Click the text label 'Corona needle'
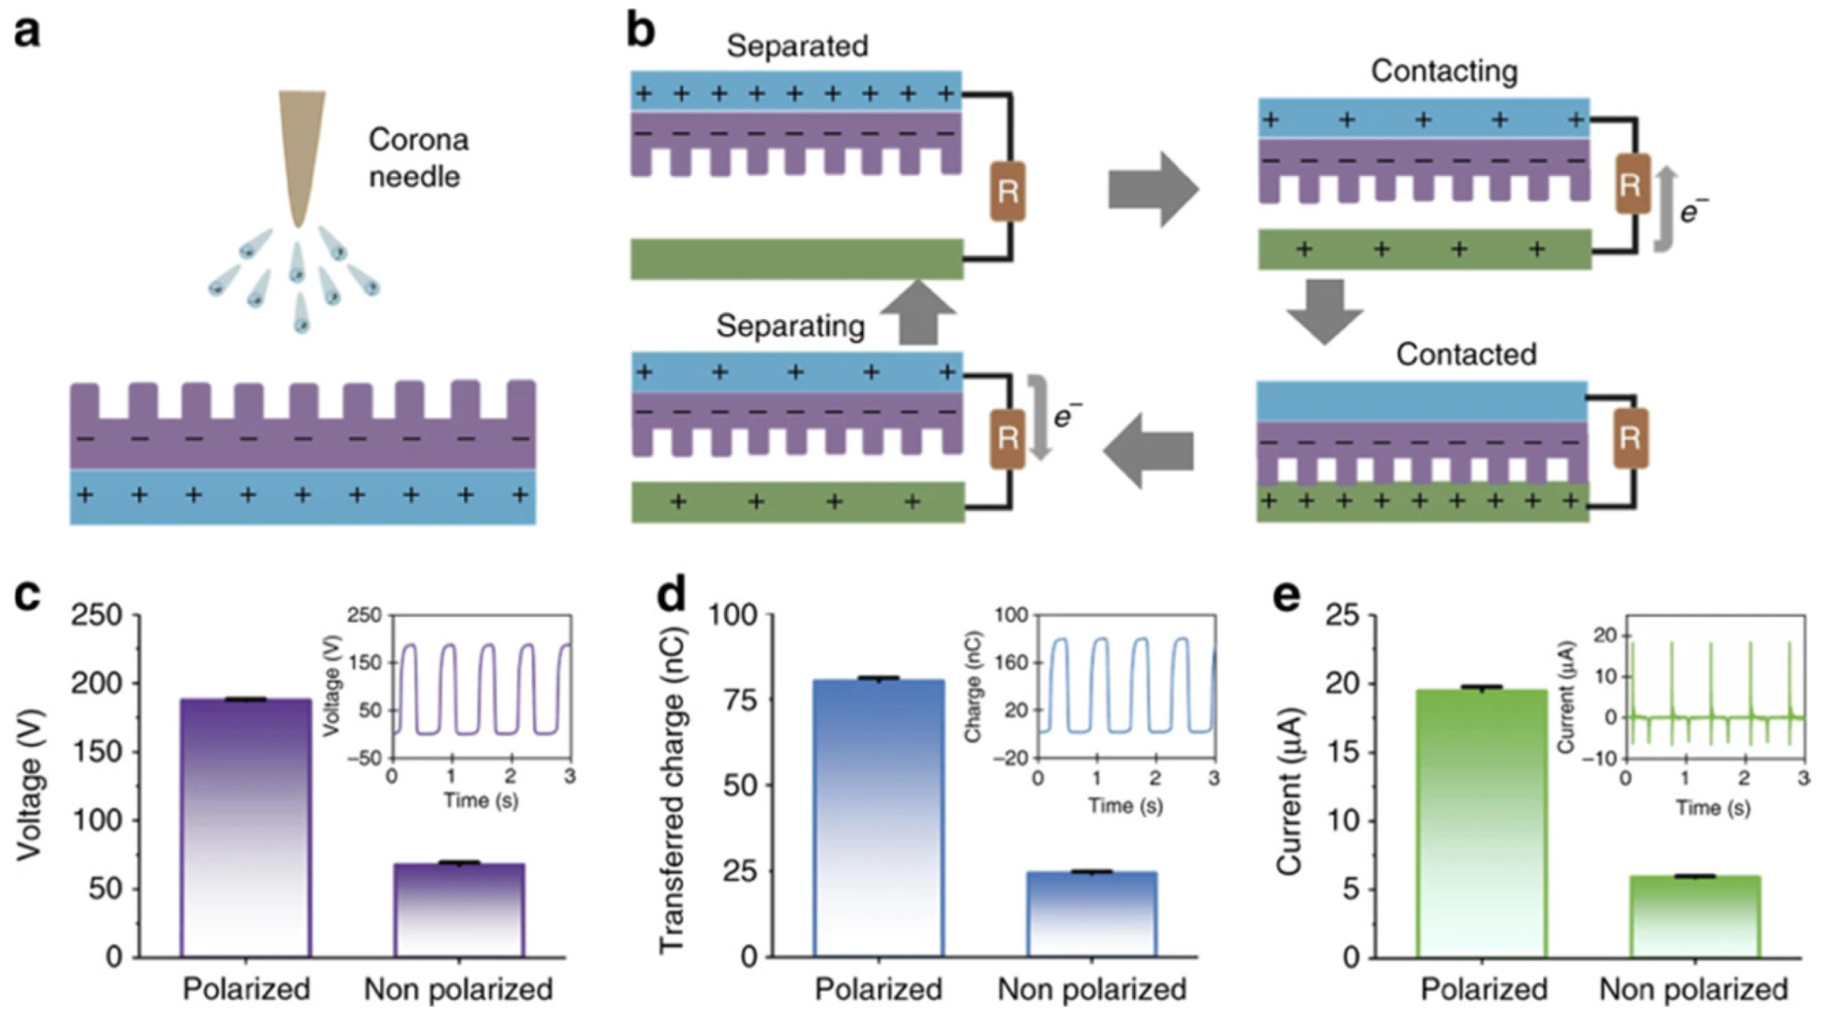click(x=417, y=158)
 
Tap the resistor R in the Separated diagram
click(x=1007, y=191)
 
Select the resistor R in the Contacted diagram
click(x=1630, y=438)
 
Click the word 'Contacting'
click(x=1444, y=71)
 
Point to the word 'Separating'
click(x=790, y=327)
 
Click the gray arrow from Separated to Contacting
click(x=1153, y=189)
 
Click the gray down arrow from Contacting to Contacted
click(x=1325, y=311)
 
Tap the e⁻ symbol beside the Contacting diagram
click(x=1693, y=212)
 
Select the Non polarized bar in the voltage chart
click(x=459, y=910)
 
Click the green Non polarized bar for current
click(x=1695, y=916)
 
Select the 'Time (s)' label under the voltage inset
click(x=481, y=799)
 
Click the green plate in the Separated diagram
click(x=796, y=259)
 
